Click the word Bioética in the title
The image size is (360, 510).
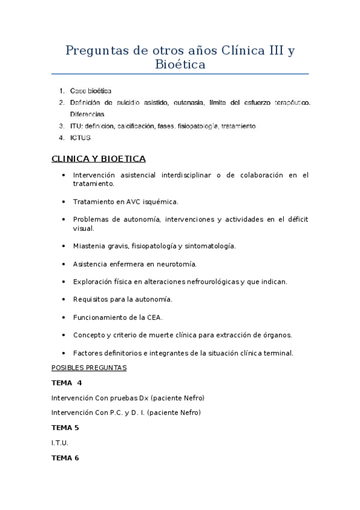[180, 64]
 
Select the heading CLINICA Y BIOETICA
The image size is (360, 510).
[99, 159]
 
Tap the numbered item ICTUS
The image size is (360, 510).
[80, 138]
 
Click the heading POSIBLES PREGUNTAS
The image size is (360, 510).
[89, 367]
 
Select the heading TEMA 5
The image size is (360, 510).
[65, 428]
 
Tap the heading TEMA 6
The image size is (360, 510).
[65, 458]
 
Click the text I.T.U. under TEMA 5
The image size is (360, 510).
[60, 443]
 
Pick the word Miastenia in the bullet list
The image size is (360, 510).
[89, 246]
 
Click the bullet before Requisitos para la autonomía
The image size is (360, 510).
[64, 299]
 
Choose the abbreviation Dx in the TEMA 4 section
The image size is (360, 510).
[143, 398]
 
